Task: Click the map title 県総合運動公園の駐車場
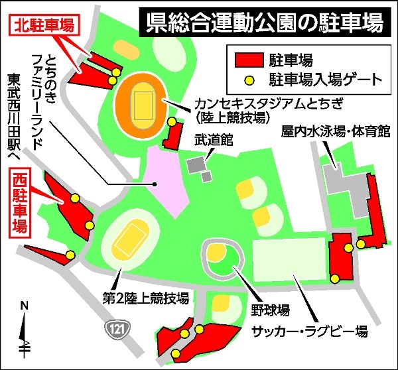(x=264, y=23)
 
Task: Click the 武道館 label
(x=210, y=142)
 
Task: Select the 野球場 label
(x=273, y=310)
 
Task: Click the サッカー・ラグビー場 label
(x=308, y=330)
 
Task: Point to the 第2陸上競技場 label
(x=145, y=296)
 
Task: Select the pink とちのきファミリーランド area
(x=164, y=180)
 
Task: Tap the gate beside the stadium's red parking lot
(x=172, y=122)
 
